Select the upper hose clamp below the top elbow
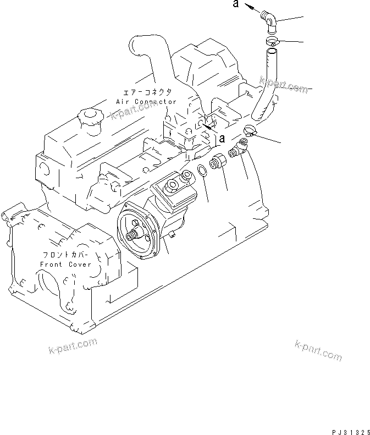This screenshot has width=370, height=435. (272, 41)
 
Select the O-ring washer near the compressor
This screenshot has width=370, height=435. (202, 171)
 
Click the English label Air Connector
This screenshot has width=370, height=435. (146, 102)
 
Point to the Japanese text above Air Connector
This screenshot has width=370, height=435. (146, 92)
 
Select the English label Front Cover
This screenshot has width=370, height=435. (66, 265)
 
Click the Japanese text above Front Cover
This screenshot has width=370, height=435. (66, 255)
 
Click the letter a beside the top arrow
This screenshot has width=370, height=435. (235, 5)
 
